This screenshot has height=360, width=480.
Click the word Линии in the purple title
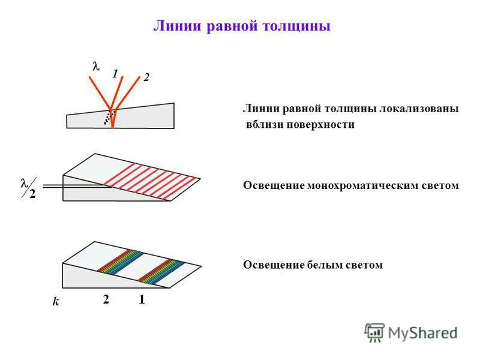tap(175, 27)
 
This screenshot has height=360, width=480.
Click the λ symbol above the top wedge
tap(95, 67)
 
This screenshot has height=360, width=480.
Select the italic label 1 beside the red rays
tap(114, 74)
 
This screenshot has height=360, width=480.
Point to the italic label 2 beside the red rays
tap(145, 77)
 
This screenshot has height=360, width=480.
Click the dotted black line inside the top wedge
tap(108, 116)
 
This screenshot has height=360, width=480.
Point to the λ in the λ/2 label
tap(25, 182)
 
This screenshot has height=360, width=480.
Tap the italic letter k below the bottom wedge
tap(56, 302)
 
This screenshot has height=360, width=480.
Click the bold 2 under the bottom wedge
tap(106, 300)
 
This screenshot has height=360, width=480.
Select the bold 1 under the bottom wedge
tap(142, 300)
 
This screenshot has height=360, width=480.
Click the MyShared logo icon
tap(374, 332)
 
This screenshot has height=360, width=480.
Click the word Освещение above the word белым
tap(268, 265)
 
